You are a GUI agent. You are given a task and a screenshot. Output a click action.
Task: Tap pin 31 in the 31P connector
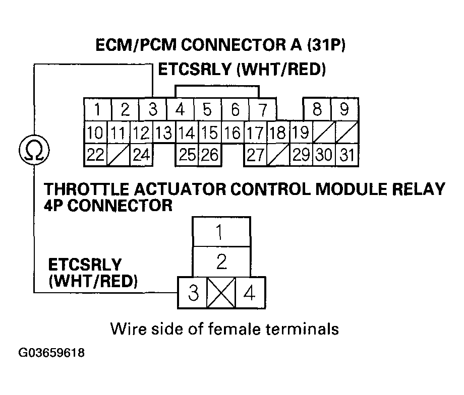[x=346, y=155]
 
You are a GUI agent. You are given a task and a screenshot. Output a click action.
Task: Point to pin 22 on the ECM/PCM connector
[x=95, y=155]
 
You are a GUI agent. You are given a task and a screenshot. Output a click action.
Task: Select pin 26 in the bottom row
[x=209, y=155]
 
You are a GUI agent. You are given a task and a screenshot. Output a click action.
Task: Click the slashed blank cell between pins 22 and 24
[x=118, y=155]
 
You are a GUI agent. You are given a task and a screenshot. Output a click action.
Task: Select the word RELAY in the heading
[x=415, y=190]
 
